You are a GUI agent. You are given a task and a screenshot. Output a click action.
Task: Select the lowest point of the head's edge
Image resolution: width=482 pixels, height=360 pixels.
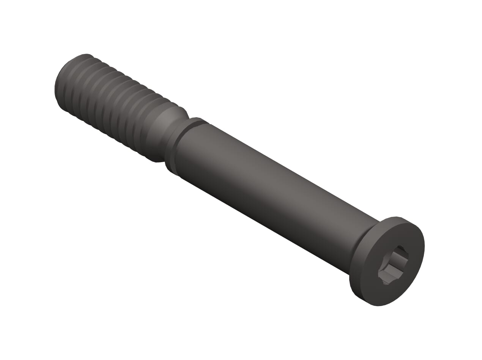(378, 306)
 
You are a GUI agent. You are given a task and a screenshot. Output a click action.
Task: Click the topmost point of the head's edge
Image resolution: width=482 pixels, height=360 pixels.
(397, 217)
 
